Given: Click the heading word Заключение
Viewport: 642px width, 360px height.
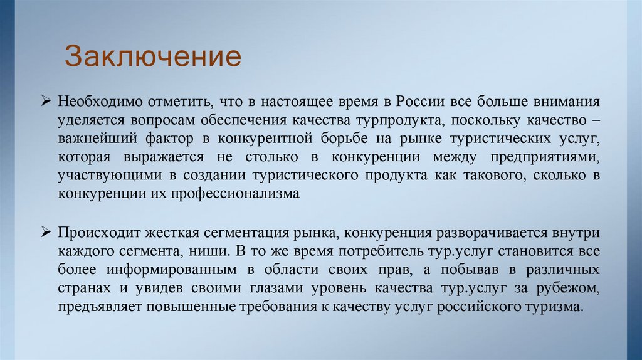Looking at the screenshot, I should (x=153, y=56).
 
